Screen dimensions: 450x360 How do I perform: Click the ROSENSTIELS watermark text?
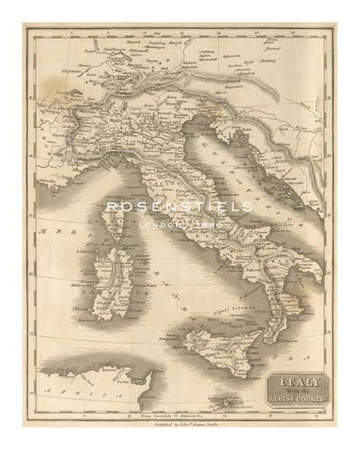click(x=179, y=207)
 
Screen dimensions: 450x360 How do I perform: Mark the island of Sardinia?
click(x=113, y=281)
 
